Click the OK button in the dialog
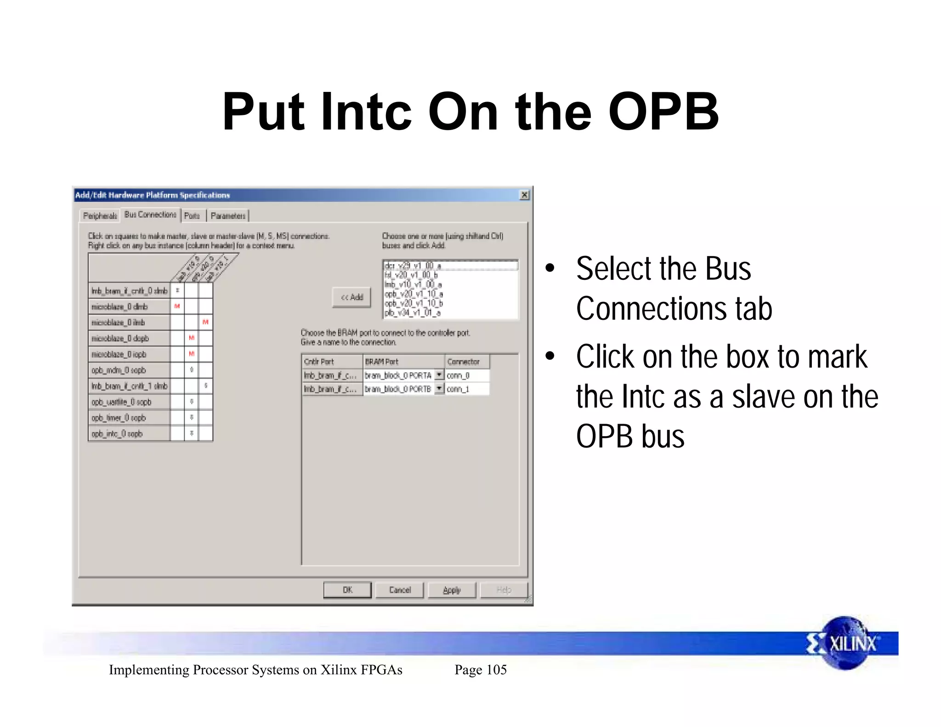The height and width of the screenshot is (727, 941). click(x=347, y=590)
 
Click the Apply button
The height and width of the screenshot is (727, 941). click(x=452, y=590)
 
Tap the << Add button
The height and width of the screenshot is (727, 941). click(x=351, y=297)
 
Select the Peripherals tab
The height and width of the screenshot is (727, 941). click(x=100, y=216)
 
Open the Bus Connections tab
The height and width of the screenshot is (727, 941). click(x=150, y=215)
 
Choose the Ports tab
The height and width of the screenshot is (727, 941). click(x=192, y=216)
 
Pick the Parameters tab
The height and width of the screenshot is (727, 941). click(x=228, y=216)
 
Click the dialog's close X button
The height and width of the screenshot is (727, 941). click(x=524, y=195)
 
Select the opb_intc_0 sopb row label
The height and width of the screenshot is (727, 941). click(x=117, y=433)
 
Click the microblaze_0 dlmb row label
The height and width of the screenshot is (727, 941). click(x=120, y=307)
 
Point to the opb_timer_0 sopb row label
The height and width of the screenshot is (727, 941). click(x=119, y=418)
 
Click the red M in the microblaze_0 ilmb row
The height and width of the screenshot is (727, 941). click(x=205, y=322)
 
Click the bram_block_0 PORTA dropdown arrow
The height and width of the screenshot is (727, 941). click(x=439, y=375)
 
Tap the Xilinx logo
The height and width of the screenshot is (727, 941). click(x=846, y=643)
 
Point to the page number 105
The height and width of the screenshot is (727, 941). click(x=496, y=670)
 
